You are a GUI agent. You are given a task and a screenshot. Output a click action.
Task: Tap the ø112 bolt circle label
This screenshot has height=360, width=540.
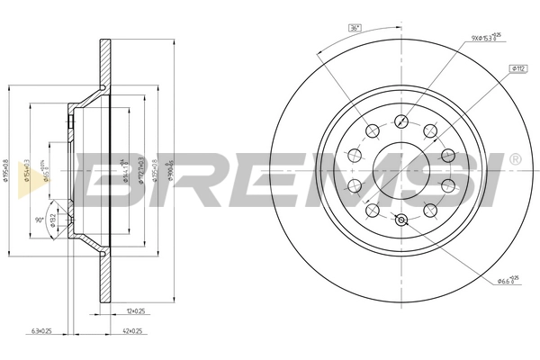519,67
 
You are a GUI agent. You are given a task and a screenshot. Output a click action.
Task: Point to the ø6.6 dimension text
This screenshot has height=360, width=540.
508,281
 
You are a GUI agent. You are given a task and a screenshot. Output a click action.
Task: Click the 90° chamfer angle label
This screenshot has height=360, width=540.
40,220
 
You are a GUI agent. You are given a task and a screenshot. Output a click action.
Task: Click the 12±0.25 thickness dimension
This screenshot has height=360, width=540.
136,311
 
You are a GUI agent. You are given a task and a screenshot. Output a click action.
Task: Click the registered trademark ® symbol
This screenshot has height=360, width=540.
514,159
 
